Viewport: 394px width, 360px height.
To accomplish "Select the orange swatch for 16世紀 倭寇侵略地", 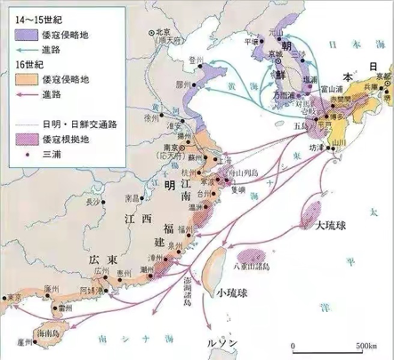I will [25, 80].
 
